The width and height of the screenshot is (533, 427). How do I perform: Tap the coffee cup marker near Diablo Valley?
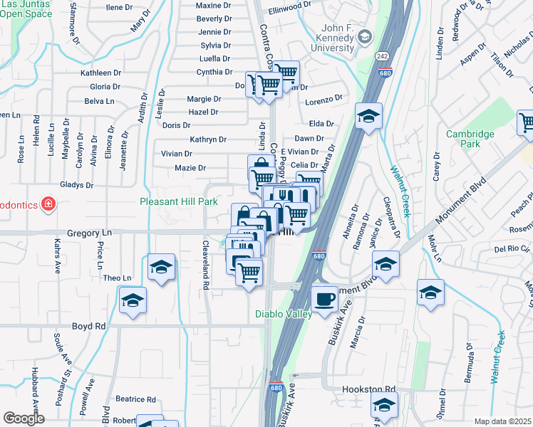(x=325, y=298)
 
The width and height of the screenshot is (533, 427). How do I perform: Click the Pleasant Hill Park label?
(x=178, y=202)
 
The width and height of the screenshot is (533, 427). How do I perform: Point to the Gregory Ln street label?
(x=90, y=233)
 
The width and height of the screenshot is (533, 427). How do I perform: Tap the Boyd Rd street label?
(x=88, y=326)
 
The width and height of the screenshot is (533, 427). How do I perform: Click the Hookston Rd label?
(x=368, y=389)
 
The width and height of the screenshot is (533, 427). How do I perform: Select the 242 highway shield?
(x=383, y=56)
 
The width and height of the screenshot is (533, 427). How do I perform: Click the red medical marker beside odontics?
(x=48, y=204)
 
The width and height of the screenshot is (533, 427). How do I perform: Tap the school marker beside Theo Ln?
(x=162, y=268)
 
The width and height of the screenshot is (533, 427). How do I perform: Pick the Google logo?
(x=24, y=418)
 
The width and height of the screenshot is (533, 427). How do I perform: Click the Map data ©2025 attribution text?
(x=503, y=421)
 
